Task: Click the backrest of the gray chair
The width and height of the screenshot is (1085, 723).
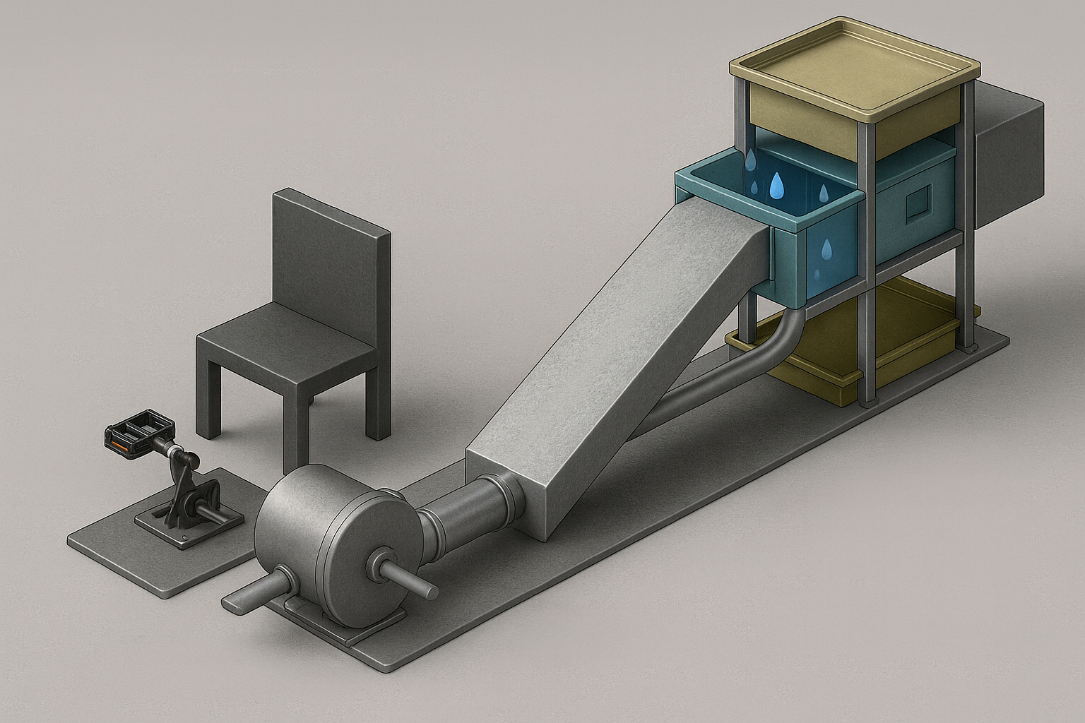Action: pyautogui.click(x=331, y=254)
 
